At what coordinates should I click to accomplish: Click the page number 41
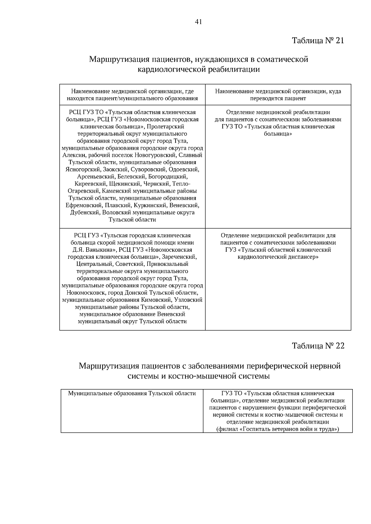click(x=198, y=22)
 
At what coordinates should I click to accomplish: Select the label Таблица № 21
click(x=318, y=40)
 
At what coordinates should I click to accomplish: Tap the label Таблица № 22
click(x=318, y=346)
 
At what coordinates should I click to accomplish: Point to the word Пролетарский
click(x=165, y=127)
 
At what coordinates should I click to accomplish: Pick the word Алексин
click(x=72, y=155)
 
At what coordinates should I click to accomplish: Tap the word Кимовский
click(x=156, y=300)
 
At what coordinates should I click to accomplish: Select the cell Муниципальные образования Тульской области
click(x=132, y=393)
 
